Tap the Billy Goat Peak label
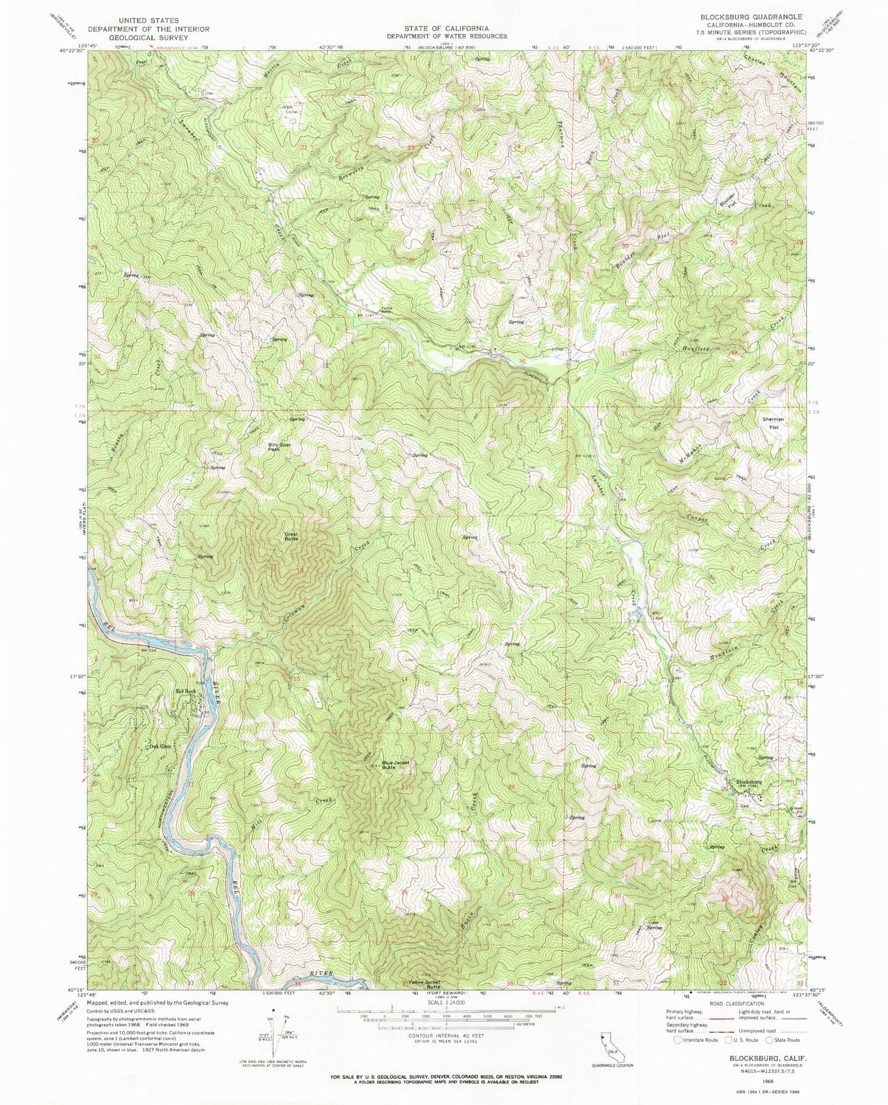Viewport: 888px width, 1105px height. point(281,447)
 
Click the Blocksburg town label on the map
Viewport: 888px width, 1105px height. point(748,782)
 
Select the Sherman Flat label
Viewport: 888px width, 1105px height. point(773,422)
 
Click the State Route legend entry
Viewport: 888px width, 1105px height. point(784,1040)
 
